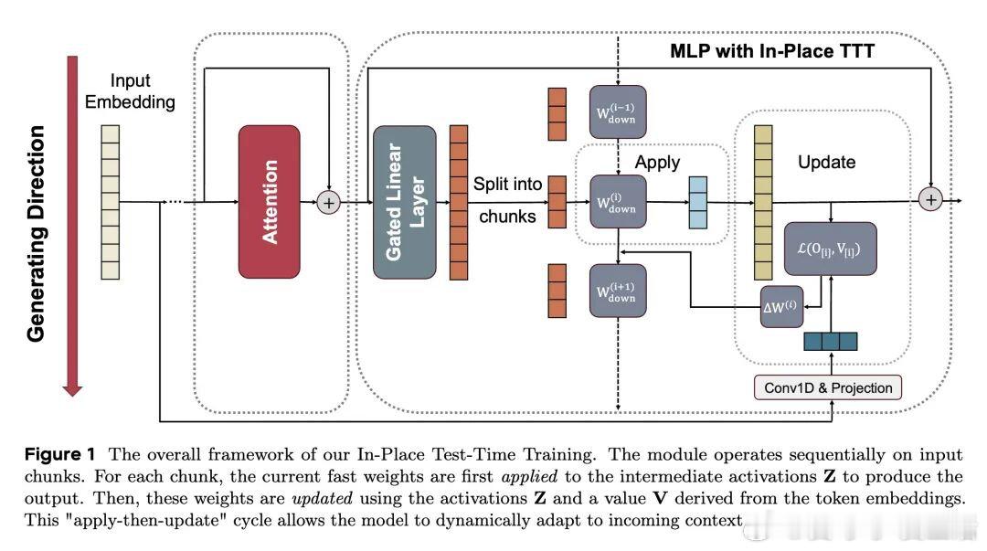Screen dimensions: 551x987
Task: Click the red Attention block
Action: tap(269, 201)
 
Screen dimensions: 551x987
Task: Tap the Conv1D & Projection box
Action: tap(828, 387)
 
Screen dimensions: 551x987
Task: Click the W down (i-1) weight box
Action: tap(618, 111)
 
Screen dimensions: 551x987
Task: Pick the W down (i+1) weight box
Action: tap(618, 291)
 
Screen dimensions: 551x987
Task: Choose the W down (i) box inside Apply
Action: tap(618, 201)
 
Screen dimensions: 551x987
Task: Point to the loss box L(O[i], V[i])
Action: tap(830, 248)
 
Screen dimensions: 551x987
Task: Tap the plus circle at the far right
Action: tap(931, 198)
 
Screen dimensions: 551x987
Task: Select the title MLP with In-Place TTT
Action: tap(773, 51)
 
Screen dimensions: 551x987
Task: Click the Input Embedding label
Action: tap(130, 91)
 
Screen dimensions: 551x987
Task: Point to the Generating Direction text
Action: tap(36, 234)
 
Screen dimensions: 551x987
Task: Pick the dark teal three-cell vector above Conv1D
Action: tap(830, 342)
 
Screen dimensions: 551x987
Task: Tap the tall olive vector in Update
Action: tap(763, 202)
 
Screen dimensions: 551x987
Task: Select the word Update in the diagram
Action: tap(826, 162)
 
